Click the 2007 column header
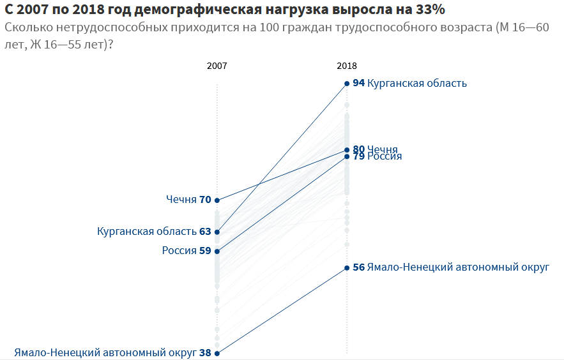(x=217, y=66)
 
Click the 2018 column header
(x=347, y=66)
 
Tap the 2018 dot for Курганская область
(x=347, y=84)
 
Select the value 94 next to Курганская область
(x=358, y=84)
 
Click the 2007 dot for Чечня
(x=217, y=200)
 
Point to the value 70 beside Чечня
(x=205, y=200)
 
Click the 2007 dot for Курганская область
(x=217, y=232)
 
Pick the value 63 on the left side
(x=205, y=232)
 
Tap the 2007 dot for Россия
(x=217, y=251)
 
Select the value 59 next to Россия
(x=205, y=251)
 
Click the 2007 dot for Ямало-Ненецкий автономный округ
(x=217, y=353)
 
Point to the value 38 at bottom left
(x=205, y=352)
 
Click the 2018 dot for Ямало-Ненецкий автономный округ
(x=347, y=267)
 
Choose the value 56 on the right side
(x=358, y=267)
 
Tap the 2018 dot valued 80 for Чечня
(x=347, y=150)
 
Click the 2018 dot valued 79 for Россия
(x=347, y=156)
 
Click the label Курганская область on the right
(x=417, y=84)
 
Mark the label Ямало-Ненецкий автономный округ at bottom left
(x=105, y=352)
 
